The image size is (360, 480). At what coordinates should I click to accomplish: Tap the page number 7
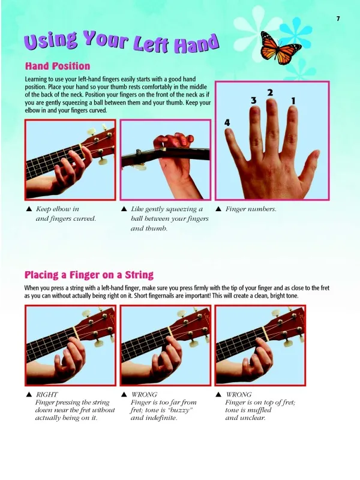click(x=338, y=19)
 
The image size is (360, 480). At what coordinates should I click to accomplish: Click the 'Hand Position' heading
click(x=58, y=66)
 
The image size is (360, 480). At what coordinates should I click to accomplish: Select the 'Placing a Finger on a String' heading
click(x=89, y=275)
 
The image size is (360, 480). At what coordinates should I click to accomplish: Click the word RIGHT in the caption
click(x=47, y=394)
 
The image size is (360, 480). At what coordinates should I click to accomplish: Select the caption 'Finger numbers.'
click(x=251, y=209)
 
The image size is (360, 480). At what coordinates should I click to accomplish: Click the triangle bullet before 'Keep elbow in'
click(x=29, y=209)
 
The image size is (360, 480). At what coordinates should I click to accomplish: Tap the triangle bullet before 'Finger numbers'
click(x=218, y=209)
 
